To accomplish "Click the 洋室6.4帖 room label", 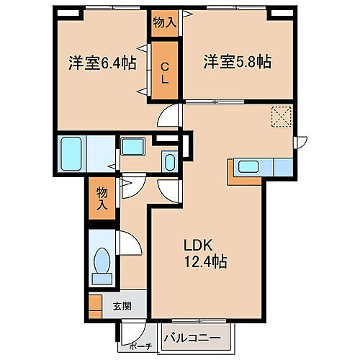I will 102,63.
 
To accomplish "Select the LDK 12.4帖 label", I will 204,252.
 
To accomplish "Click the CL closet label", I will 164,72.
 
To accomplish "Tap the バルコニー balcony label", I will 197,336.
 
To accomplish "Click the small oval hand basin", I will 169,161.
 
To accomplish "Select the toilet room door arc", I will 130,246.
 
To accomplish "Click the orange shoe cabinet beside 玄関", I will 95,305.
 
